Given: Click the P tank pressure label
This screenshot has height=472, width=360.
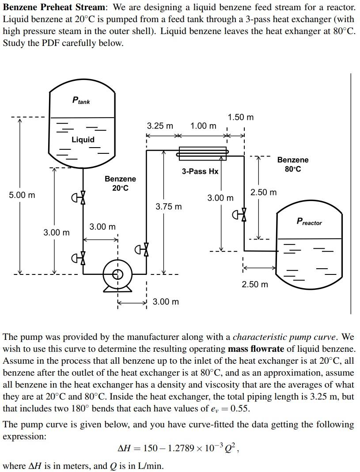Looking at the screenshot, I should [x=81, y=100].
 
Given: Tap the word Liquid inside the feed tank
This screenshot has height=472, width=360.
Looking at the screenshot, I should [x=83, y=140].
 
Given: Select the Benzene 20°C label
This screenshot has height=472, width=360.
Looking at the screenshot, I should [x=120, y=183].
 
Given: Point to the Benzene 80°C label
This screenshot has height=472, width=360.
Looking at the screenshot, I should [x=293, y=164].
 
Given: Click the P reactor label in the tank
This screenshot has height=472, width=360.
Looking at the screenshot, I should [x=309, y=222].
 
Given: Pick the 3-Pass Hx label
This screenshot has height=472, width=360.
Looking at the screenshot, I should [x=200, y=171].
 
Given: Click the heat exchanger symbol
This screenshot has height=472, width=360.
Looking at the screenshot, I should [x=202, y=153].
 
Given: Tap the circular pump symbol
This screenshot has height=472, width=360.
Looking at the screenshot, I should [x=117, y=274].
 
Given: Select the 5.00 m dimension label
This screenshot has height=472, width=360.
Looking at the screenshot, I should [x=22, y=195].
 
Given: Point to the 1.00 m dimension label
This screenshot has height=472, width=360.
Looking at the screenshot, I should [x=203, y=126].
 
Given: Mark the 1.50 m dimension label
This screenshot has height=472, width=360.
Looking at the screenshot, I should [x=241, y=117].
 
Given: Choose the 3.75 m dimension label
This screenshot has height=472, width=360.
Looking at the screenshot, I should [x=169, y=206].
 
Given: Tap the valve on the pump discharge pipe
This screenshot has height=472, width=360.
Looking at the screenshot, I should [x=143, y=250].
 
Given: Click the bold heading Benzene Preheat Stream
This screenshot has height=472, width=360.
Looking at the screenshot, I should [x=54, y=8].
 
